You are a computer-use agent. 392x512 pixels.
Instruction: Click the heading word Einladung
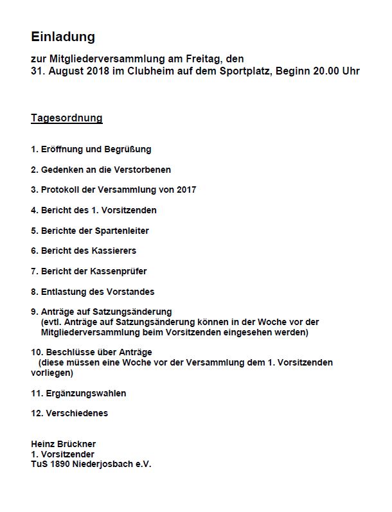pyautogui.click(x=63, y=37)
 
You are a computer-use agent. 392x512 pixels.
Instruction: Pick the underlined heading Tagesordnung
pyautogui.click(x=67, y=118)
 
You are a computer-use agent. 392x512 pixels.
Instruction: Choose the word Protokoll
pyautogui.click(x=60, y=190)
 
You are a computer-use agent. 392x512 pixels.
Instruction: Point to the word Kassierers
pyautogui.click(x=114, y=251)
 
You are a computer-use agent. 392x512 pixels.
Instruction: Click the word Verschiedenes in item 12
pyautogui.click(x=77, y=413)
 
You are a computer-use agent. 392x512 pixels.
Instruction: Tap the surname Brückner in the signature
pyautogui.click(x=78, y=444)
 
